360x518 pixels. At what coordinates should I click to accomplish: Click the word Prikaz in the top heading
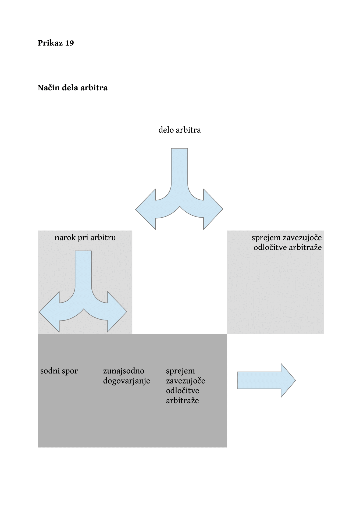coord(50,43)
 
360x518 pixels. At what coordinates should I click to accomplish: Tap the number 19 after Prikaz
coord(69,43)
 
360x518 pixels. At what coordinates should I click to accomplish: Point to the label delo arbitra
coord(180,130)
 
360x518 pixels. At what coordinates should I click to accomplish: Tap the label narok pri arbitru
coord(85,238)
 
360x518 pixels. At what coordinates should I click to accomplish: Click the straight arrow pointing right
coord(266,380)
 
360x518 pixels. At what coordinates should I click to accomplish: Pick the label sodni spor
coord(59,371)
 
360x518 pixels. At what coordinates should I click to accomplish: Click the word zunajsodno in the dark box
coord(124,371)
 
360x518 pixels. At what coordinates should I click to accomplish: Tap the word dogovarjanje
coord(127,381)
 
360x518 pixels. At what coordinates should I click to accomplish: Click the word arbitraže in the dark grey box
coord(182,400)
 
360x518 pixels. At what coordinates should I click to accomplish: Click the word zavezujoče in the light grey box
coord(302,238)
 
